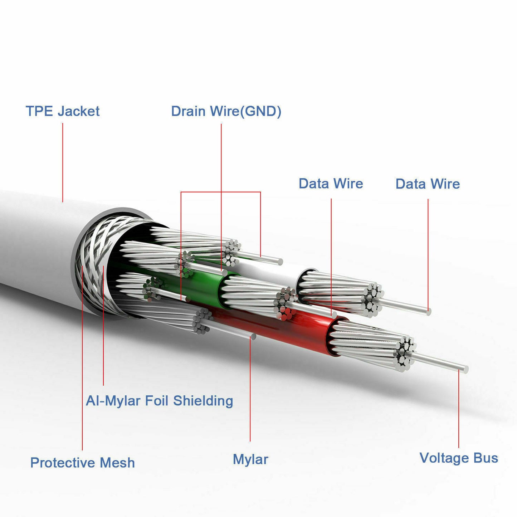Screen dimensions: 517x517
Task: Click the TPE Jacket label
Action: (63, 111)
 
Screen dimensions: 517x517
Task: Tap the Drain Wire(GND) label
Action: (226, 111)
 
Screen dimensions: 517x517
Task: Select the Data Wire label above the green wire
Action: (331, 184)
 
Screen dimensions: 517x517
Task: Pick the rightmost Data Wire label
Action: (428, 184)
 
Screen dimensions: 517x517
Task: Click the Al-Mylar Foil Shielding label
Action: (160, 401)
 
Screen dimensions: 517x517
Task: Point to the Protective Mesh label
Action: (83, 463)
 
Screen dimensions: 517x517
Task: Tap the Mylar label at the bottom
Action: (250, 459)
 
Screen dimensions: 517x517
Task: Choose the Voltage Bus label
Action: (459, 458)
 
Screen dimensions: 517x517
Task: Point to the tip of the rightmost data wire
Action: (428, 312)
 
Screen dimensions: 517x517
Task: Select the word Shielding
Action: (203, 401)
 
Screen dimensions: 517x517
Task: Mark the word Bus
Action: (486, 458)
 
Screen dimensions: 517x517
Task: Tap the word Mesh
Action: (117, 463)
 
